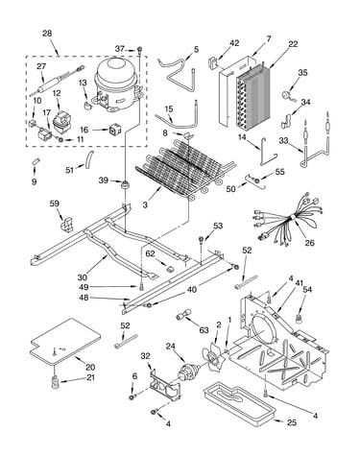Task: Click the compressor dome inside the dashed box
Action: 117,84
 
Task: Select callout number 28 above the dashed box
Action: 47,34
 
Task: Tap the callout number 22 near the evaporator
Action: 293,44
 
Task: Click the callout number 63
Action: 204,330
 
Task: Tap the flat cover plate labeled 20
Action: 65,341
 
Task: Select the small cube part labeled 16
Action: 114,130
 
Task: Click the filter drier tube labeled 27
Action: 57,82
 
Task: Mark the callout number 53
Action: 218,226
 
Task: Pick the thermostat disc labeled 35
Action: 284,95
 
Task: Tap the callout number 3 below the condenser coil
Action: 145,204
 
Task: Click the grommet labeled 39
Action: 124,184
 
